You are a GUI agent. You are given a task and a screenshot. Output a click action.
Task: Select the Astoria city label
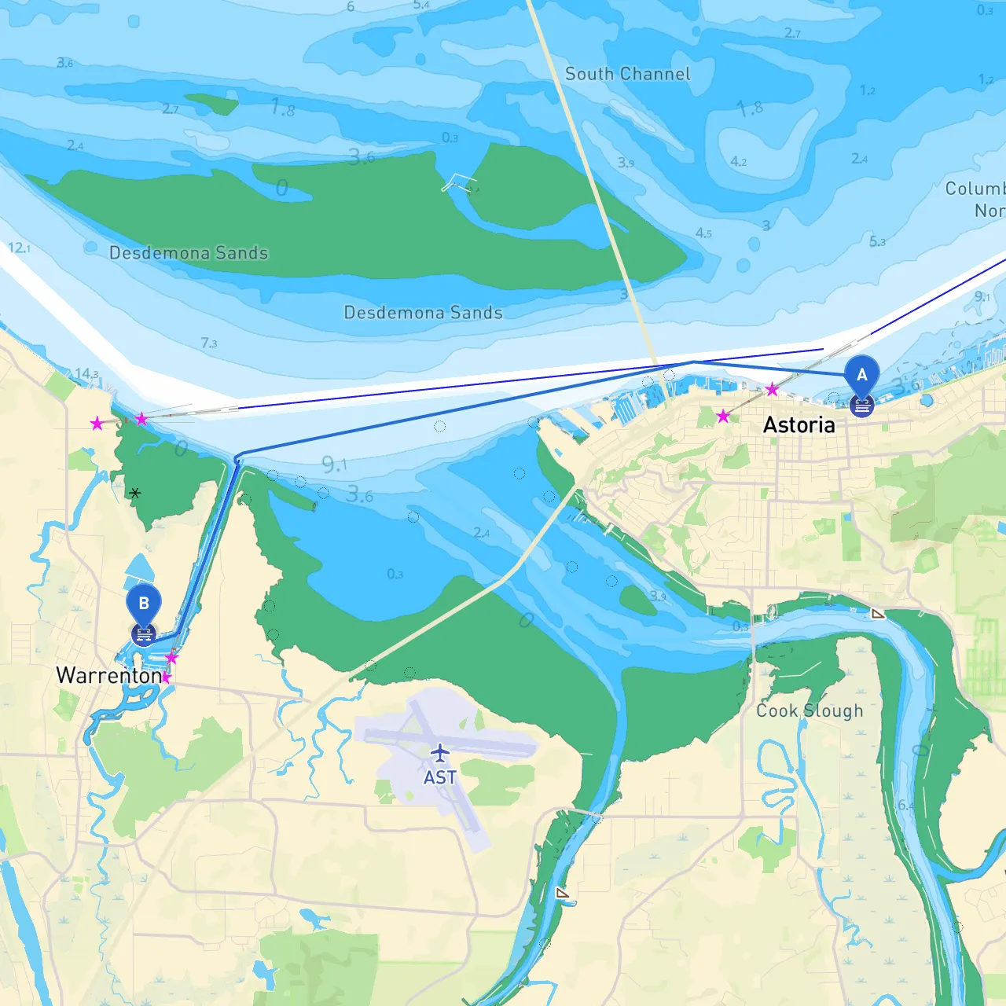tap(799, 425)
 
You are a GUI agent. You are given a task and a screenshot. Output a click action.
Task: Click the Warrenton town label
tap(108, 676)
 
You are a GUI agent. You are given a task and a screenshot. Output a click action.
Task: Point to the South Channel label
tap(627, 74)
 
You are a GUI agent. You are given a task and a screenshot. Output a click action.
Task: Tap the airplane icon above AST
tap(440, 753)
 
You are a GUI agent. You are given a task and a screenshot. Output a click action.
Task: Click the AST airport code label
tap(440, 777)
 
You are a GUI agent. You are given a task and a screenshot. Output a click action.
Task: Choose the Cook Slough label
tap(810, 710)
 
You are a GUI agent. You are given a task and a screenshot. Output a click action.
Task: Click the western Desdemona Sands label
tap(189, 253)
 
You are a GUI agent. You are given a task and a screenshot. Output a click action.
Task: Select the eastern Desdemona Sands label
tap(423, 313)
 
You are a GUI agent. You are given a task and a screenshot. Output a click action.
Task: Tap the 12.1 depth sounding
tap(19, 248)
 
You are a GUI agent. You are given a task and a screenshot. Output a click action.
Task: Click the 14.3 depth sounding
tap(86, 374)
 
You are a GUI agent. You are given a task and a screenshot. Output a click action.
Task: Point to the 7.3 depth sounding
tap(208, 343)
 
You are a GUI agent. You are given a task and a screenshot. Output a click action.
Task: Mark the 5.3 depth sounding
tap(877, 241)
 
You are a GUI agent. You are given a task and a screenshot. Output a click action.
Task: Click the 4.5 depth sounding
tap(703, 233)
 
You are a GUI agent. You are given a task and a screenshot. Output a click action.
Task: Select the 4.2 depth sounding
tap(738, 161)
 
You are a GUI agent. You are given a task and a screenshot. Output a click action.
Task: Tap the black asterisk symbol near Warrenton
tap(135, 494)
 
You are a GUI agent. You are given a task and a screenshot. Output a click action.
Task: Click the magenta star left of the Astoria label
tap(723, 416)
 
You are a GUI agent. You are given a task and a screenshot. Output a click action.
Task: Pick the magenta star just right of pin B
tap(171, 657)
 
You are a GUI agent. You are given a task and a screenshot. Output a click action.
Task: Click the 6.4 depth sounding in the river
tap(906, 805)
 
